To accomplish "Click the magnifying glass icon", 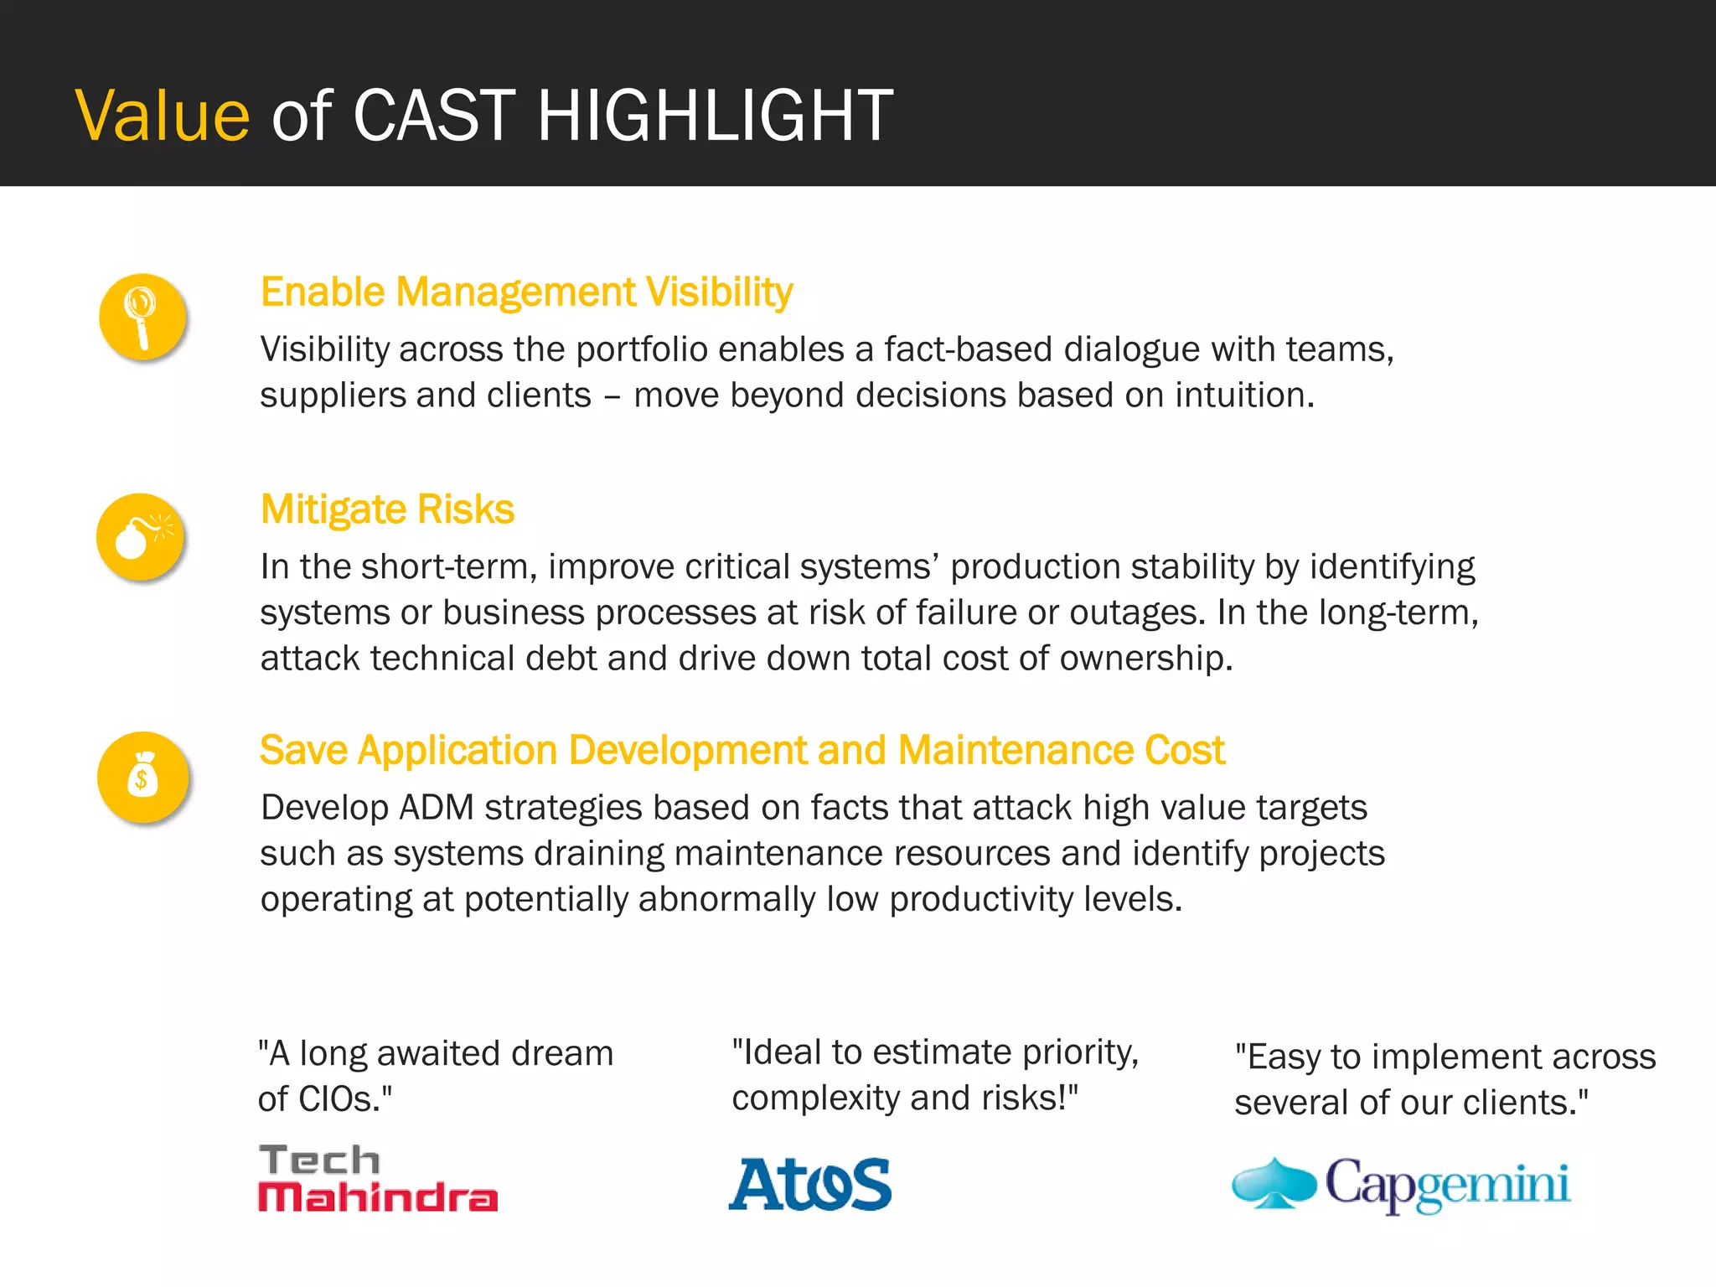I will click(x=142, y=317).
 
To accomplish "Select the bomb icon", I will click(x=140, y=537).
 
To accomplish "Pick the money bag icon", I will click(x=142, y=777).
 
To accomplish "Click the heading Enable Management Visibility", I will click(x=526, y=292).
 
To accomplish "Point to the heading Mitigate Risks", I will click(x=387, y=509).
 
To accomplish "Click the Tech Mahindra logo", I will click(x=377, y=1178).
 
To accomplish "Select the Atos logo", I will click(x=809, y=1184).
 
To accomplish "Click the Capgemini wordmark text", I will click(x=1447, y=1185).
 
